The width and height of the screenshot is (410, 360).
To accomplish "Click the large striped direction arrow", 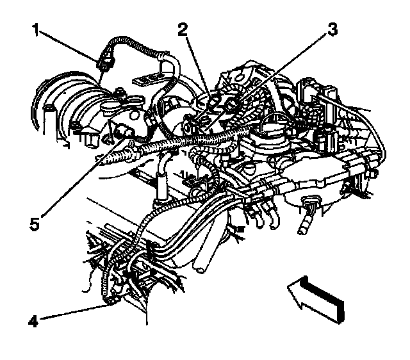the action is coord(317,296).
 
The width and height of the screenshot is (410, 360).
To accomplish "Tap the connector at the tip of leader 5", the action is coord(126,133).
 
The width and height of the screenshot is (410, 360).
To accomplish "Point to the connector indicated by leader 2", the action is coord(211,101).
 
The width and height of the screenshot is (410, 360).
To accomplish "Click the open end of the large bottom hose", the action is coord(203,268).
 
